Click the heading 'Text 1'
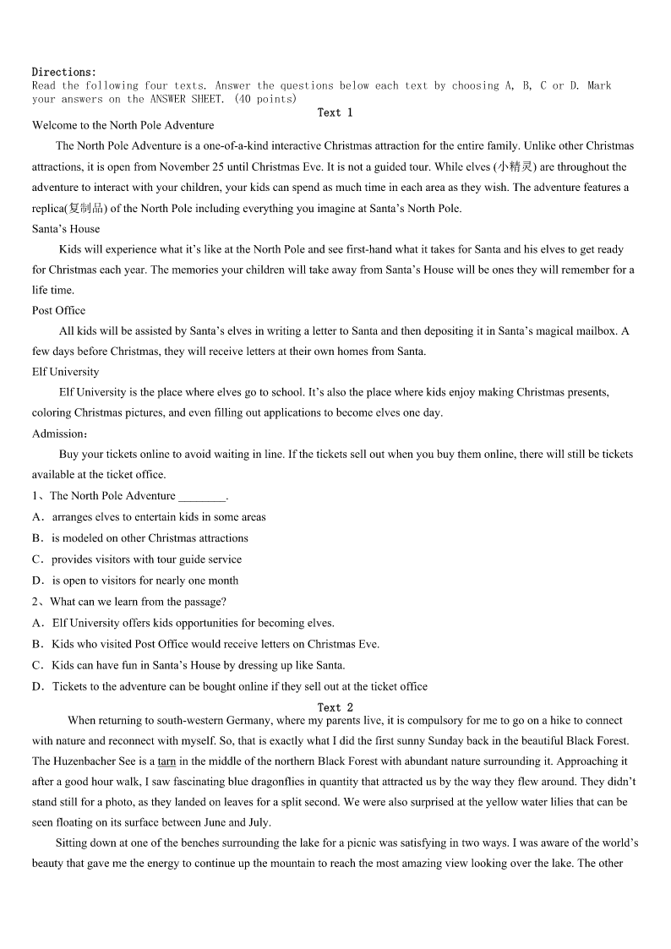tap(335, 112)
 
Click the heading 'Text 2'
tap(335, 707)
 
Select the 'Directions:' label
tap(64, 72)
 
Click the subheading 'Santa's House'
tap(66, 228)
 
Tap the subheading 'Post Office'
tap(58, 310)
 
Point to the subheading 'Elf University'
tap(65, 372)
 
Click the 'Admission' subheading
tap(58, 434)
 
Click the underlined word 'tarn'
tap(166, 761)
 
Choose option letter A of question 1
tap(37, 517)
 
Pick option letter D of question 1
tap(37, 581)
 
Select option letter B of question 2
tap(37, 644)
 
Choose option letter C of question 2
tap(37, 665)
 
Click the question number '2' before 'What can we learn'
tap(35, 602)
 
